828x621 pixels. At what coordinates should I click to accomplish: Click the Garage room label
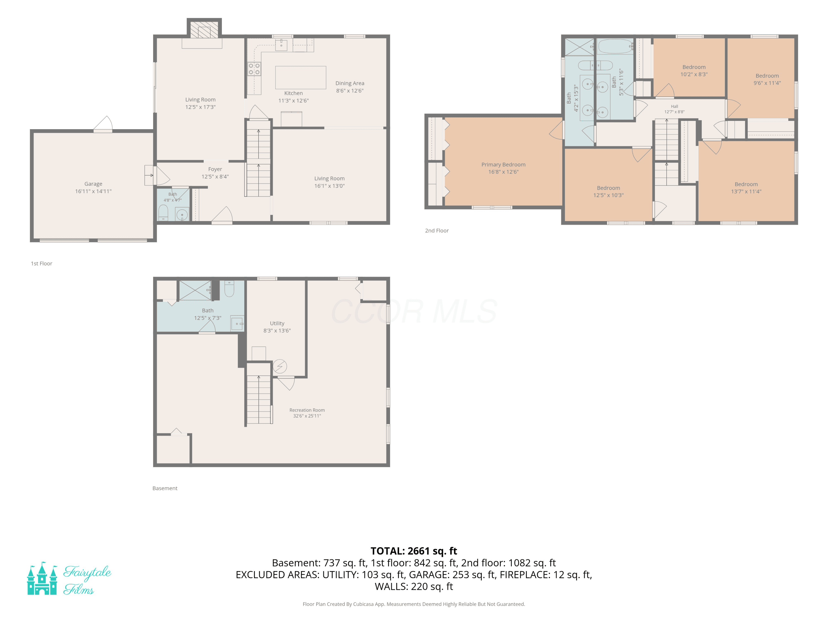point(93,184)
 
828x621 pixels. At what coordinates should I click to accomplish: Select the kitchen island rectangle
point(301,78)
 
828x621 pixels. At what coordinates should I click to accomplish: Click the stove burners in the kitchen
point(254,69)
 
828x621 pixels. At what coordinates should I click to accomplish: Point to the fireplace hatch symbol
point(204,30)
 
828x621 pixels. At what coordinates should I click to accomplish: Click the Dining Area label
point(350,83)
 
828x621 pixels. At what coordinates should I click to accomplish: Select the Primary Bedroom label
point(503,165)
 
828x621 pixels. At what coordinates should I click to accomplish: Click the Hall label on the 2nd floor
point(675,106)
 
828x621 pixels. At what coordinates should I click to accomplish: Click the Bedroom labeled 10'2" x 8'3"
point(694,67)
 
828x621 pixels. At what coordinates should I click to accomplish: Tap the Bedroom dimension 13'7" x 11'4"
point(746,191)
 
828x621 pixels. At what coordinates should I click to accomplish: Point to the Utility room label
point(277,323)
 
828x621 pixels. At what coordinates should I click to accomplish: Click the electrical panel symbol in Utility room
point(280,367)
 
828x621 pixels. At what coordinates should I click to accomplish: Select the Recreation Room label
point(307,410)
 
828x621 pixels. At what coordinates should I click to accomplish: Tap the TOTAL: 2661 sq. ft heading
point(414,551)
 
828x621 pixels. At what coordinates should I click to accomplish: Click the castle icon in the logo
point(42,578)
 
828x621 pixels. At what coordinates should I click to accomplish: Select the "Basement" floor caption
point(165,488)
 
